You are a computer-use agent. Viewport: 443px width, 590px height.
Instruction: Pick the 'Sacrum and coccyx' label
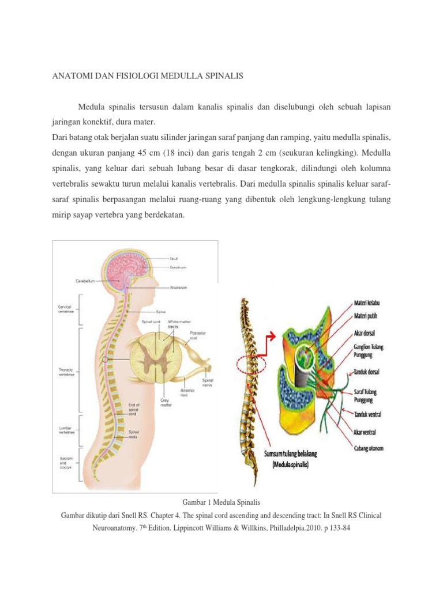pos(65,462)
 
